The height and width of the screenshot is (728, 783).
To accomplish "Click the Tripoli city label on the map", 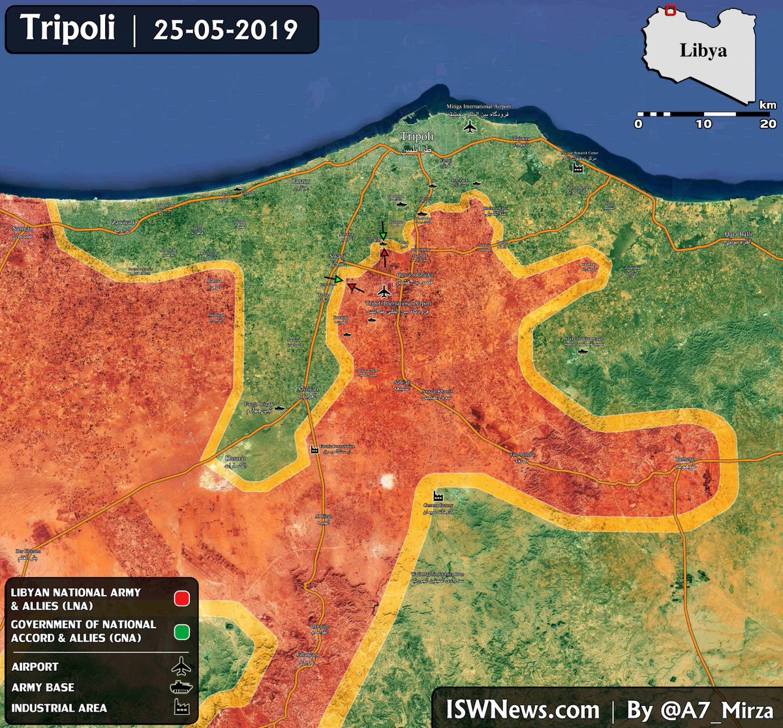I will click(416, 136).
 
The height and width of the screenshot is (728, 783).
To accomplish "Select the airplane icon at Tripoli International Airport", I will click(384, 291).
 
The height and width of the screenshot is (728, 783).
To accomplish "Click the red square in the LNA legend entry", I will click(182, 598).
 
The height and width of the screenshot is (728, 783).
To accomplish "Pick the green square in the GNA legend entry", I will click(182, 631).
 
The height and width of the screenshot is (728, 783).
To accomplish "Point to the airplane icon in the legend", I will click(181, 667).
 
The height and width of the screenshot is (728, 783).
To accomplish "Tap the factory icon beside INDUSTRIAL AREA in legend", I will click(181, 708).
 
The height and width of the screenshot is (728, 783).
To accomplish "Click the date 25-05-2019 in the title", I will click(226, 30).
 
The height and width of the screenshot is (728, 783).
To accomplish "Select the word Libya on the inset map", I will click(703, 50).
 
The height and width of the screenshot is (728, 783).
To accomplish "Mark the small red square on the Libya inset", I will click(669, 10).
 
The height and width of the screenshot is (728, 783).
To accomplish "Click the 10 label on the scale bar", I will click(703, 124).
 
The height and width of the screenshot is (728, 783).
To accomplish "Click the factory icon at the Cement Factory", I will click(431, 495).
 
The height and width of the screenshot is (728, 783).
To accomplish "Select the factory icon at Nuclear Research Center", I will click(577, 168).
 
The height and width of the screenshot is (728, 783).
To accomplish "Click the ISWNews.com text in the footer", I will click(522, 709).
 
